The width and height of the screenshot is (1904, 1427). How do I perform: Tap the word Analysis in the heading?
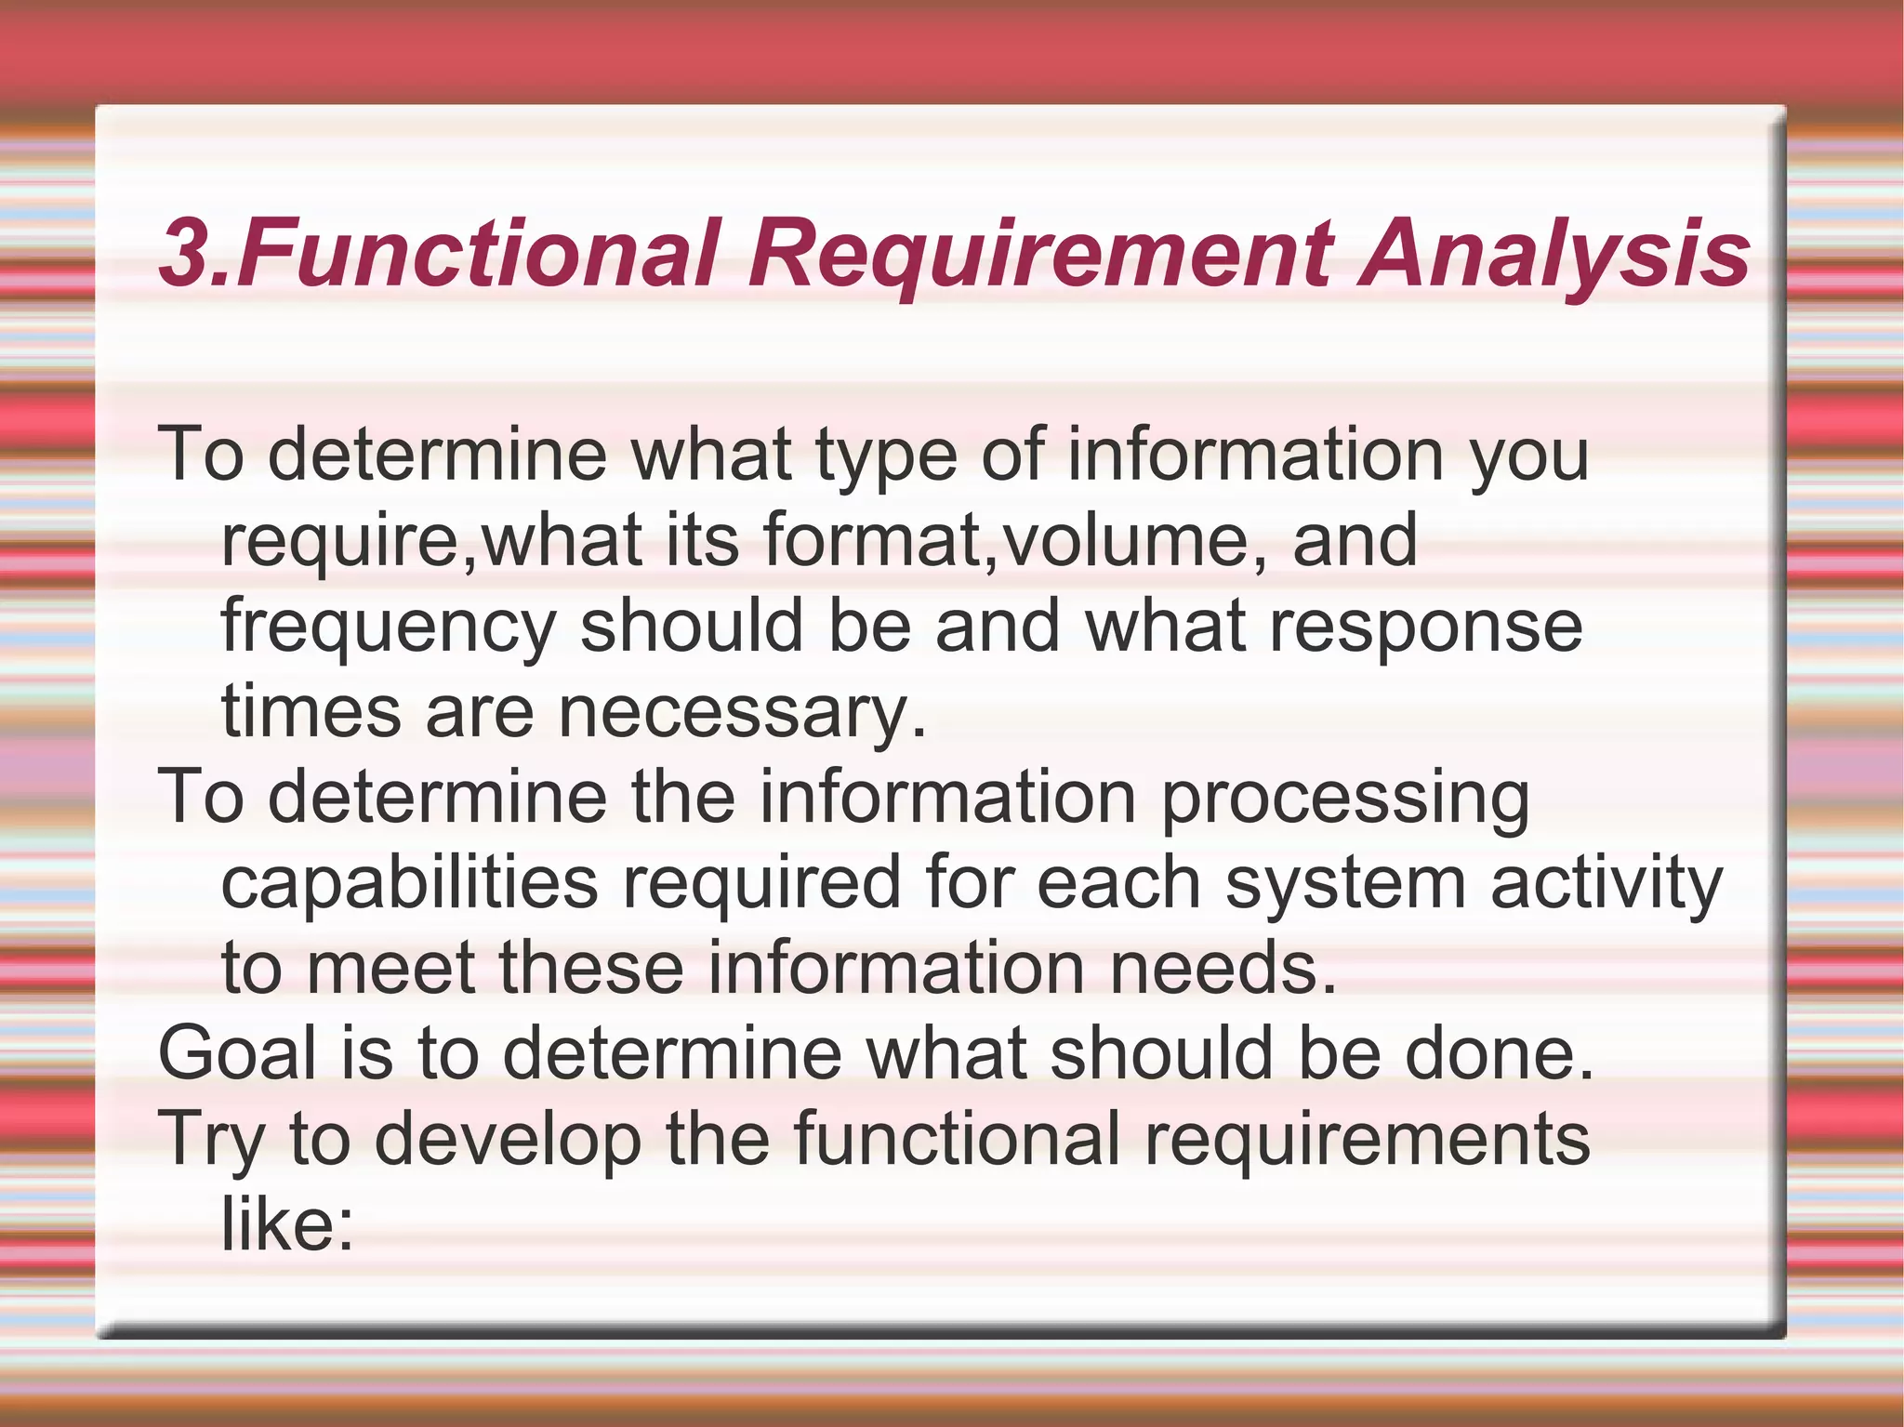pos(1554,253)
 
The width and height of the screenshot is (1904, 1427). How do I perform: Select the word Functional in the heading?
pos(479,253)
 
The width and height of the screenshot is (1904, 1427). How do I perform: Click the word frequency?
pos(389,628)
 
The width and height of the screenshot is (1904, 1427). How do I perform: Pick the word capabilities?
pos(409,884)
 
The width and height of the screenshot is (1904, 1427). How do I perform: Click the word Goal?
pos(238,1053)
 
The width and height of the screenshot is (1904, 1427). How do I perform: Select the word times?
pos(311,711)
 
